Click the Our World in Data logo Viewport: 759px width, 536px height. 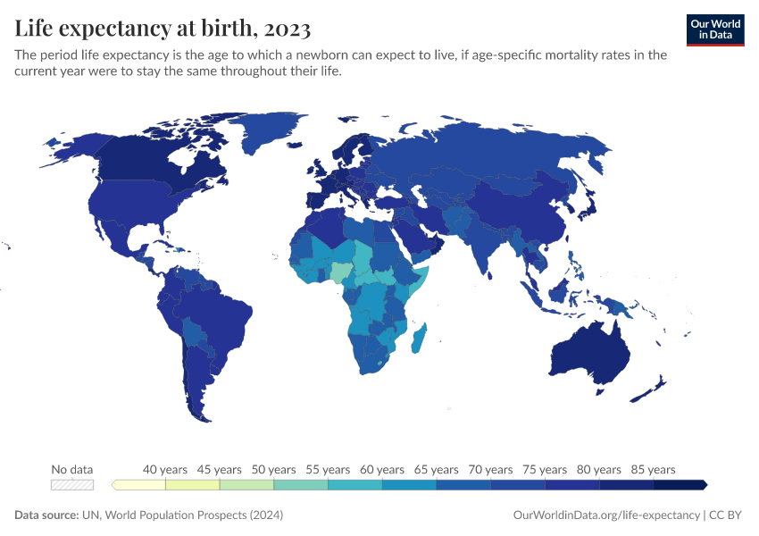tap(715, 29)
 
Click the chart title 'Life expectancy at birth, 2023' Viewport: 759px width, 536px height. tap(163, 29)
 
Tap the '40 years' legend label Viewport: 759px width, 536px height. tap(165, 469)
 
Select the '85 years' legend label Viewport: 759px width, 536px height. tap(654, 469)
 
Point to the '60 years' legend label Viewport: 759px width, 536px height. tap(382, 469)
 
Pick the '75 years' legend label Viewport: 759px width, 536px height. tap(545, 469)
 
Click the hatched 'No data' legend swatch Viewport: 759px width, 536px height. tap(72, 484)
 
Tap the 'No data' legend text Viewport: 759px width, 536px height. tap(72, 469)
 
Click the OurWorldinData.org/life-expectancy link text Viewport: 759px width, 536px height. tap(607, 515)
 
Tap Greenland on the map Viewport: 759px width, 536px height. tap(268, 134)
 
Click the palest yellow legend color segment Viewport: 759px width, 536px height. tap(138, 484)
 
